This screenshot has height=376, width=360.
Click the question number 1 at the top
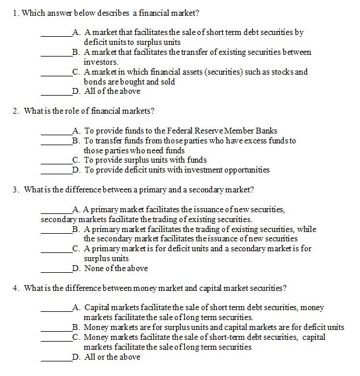pyautogui.click(x=15, y=13)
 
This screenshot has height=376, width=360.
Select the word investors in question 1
pyautogui.click(x=100, y=62)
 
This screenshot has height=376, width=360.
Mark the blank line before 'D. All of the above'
pyautogui.click(x=56, y=92)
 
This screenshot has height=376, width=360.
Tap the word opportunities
pyautogui.click(x=243, y=170)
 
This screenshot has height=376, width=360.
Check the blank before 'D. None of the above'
pyautogui.click(x=56, y=269)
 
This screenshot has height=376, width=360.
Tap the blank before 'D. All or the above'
pyautogui.click(x=56, y=358)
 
